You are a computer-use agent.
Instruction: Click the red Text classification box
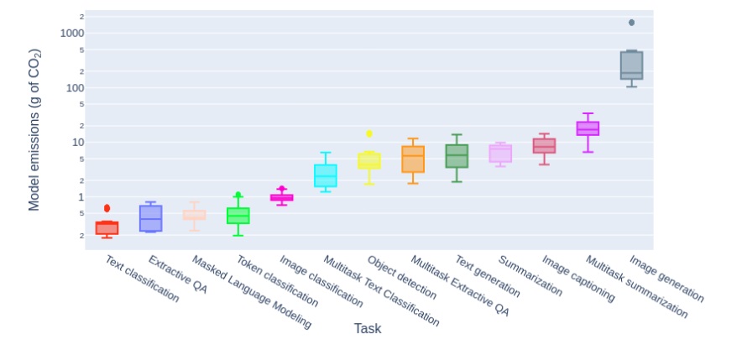[107, 227]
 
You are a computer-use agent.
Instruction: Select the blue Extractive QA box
[150, 218]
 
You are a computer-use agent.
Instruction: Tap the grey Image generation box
[631, 65]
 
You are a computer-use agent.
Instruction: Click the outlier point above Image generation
[631, 23]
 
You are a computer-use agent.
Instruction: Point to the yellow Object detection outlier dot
[369, 133]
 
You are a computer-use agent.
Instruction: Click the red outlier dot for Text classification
[107, 208]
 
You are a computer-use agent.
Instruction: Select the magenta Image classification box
[282, 197]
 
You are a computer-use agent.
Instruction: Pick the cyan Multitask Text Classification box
[326, 175]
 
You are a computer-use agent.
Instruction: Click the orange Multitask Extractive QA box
[413, 159]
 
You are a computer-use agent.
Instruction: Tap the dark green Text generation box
[457, 156]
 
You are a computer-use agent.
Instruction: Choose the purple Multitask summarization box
[588, 128]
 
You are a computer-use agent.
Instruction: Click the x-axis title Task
[368, 328]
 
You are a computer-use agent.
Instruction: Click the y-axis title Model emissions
[34, 129]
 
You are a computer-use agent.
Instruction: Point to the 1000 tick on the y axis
[73, 33]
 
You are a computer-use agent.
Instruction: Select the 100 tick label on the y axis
[76, 88]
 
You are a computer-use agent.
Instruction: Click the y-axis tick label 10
[78, 143]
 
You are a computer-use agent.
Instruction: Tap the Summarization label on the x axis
[530, 275]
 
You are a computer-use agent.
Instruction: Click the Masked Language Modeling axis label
[251, 292]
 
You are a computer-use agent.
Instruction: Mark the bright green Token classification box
[238, 216]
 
